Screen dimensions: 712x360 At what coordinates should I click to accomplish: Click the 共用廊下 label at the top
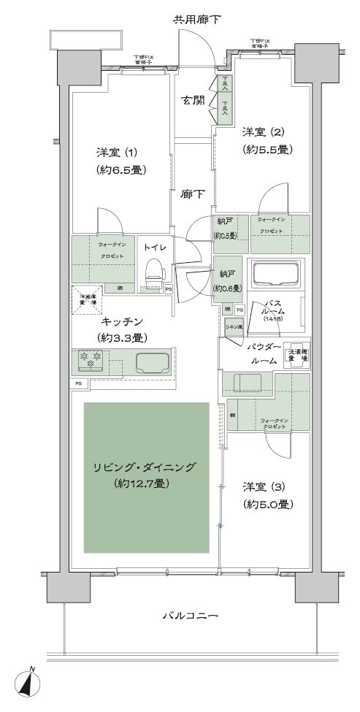click(197, 18)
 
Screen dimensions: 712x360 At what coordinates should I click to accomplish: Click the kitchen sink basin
click(150, 363)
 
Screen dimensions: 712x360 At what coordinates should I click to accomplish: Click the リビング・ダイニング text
click(145, 467)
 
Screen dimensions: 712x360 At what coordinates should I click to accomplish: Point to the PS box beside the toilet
click(169, 288)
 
